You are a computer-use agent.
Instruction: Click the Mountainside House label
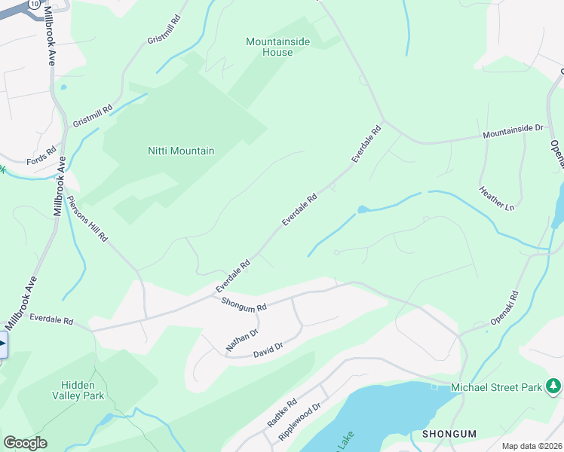(277, 47)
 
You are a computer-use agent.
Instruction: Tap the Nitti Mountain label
(180, 151)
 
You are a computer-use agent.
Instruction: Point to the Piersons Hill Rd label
(87, 218)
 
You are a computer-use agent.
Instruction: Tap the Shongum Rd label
(244, 304)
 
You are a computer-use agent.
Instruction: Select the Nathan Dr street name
(242, 340)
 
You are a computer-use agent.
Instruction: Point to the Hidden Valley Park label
(78, 389)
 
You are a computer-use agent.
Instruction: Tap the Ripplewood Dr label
(299, 421)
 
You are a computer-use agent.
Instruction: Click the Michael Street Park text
(496, 387)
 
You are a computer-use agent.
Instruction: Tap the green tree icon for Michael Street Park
(554, 386)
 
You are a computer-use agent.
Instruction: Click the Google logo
(25, 443)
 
